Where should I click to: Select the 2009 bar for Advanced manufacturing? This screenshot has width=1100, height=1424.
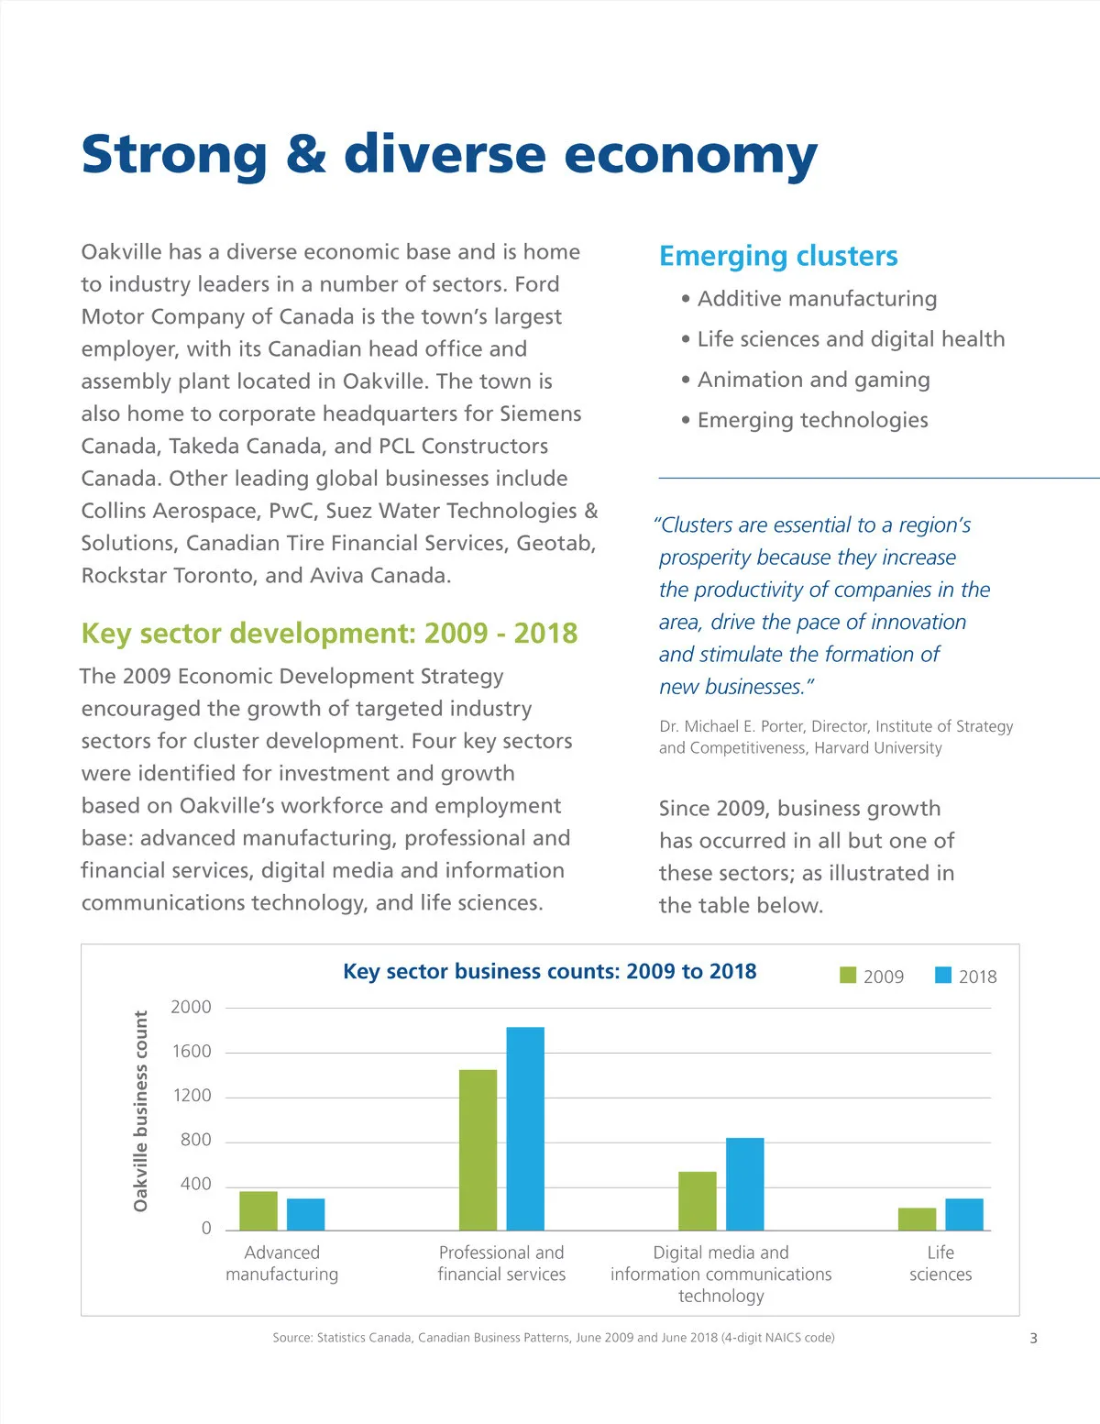pos(258,1210)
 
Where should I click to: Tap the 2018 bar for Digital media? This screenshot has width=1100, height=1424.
pos(744,1184)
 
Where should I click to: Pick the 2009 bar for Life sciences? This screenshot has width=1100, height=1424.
pos(917,1219)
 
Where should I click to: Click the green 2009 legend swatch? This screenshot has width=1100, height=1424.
pos(848,975)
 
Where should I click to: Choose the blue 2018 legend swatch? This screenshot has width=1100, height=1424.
pos(943,975)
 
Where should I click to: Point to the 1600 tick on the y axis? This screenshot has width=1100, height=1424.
pos(192,1051)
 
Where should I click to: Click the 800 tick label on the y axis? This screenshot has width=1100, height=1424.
pos(195,1140)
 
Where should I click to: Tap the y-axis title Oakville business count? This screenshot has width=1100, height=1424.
pos(140,1110)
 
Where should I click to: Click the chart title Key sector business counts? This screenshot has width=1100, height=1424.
pos(549,972)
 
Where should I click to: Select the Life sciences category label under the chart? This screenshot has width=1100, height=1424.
pos(940,1263)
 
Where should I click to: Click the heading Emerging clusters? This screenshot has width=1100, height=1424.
pos(778,256)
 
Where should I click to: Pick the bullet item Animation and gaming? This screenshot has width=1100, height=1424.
pos(813,380)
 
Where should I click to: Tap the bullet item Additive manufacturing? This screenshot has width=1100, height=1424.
pos(817,299)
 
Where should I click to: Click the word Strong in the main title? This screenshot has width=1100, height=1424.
pos(174,154)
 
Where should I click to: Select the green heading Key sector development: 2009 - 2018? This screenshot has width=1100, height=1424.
pos(329,634)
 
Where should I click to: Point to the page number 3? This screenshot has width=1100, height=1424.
pos(1033,1338)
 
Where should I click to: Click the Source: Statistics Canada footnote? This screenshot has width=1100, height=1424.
pos(553,1338)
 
